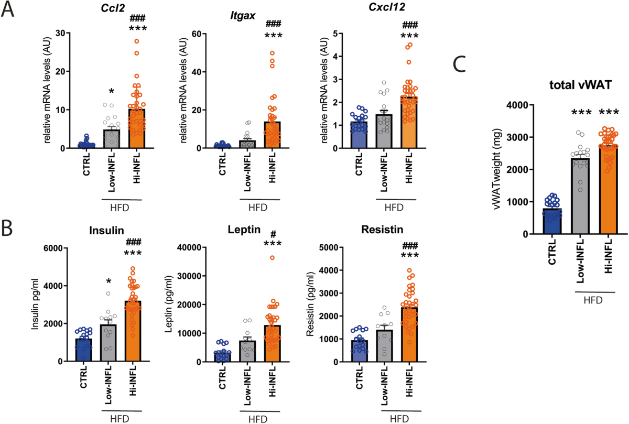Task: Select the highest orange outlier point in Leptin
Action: tap(272, 257)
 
